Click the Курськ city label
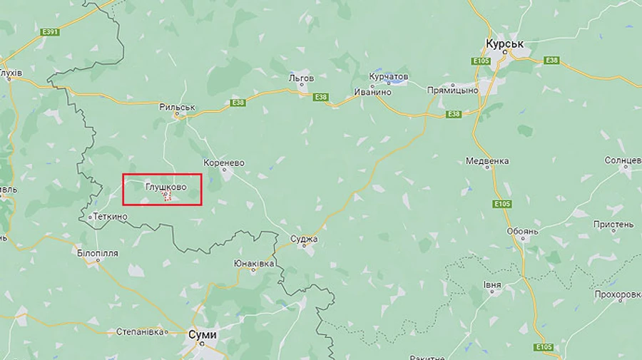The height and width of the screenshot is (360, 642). (504, 44)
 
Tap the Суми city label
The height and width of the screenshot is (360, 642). (203, 334)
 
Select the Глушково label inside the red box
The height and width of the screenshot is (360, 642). (165, 186)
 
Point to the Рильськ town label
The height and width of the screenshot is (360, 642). (178, 107)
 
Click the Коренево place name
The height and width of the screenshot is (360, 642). (224, 163)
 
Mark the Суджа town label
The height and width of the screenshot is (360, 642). (305, 239)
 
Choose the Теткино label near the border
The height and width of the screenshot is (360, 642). (110, 215)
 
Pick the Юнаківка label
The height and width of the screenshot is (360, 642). (255, 263)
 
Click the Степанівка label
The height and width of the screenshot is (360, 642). (141, 331)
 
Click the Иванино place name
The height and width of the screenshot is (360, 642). (372, 92)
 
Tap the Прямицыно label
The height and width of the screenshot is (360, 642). (452, 91)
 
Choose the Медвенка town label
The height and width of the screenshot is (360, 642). (487, 161)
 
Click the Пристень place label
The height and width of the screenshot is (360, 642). (613, 224)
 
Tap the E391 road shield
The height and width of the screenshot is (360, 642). (51, 31)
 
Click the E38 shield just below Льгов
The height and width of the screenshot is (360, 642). (321, 97)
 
